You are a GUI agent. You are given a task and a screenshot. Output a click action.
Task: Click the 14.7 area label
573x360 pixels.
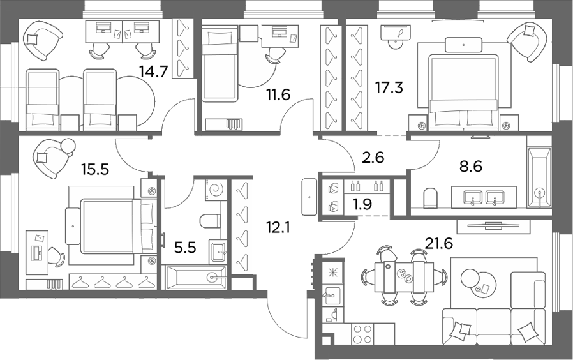pos(154,71)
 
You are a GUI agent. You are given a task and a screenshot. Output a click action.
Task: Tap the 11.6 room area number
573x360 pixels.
pos(278,94)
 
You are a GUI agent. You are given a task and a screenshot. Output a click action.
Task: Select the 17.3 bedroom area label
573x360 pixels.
pos(389,87)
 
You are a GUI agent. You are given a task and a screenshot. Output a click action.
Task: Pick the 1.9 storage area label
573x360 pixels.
pos(363,204)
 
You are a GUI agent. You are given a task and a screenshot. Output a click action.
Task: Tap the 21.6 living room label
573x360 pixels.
pos(439,243)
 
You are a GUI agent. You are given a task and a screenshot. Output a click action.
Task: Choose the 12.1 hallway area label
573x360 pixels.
pos(278,228)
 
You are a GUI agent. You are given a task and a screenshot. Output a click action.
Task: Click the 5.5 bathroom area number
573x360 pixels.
pos(185,248)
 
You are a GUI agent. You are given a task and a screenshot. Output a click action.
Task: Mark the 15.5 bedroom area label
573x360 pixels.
pos(95,170)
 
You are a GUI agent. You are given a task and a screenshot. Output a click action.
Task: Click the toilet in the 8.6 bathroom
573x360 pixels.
pos(431,198)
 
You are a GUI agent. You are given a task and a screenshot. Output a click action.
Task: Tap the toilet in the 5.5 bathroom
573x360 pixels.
pos(210,220)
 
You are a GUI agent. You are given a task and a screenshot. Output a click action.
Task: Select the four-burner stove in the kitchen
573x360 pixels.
pos(363,334)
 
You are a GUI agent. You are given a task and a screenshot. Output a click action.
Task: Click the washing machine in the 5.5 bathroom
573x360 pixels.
pos(216,190)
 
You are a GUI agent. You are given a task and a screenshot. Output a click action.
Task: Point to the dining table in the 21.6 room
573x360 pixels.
pos(404,278)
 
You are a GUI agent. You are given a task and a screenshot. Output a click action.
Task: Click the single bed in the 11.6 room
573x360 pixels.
pos(220,64)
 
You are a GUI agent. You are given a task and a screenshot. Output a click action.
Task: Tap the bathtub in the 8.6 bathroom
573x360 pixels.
pos(539,177)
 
